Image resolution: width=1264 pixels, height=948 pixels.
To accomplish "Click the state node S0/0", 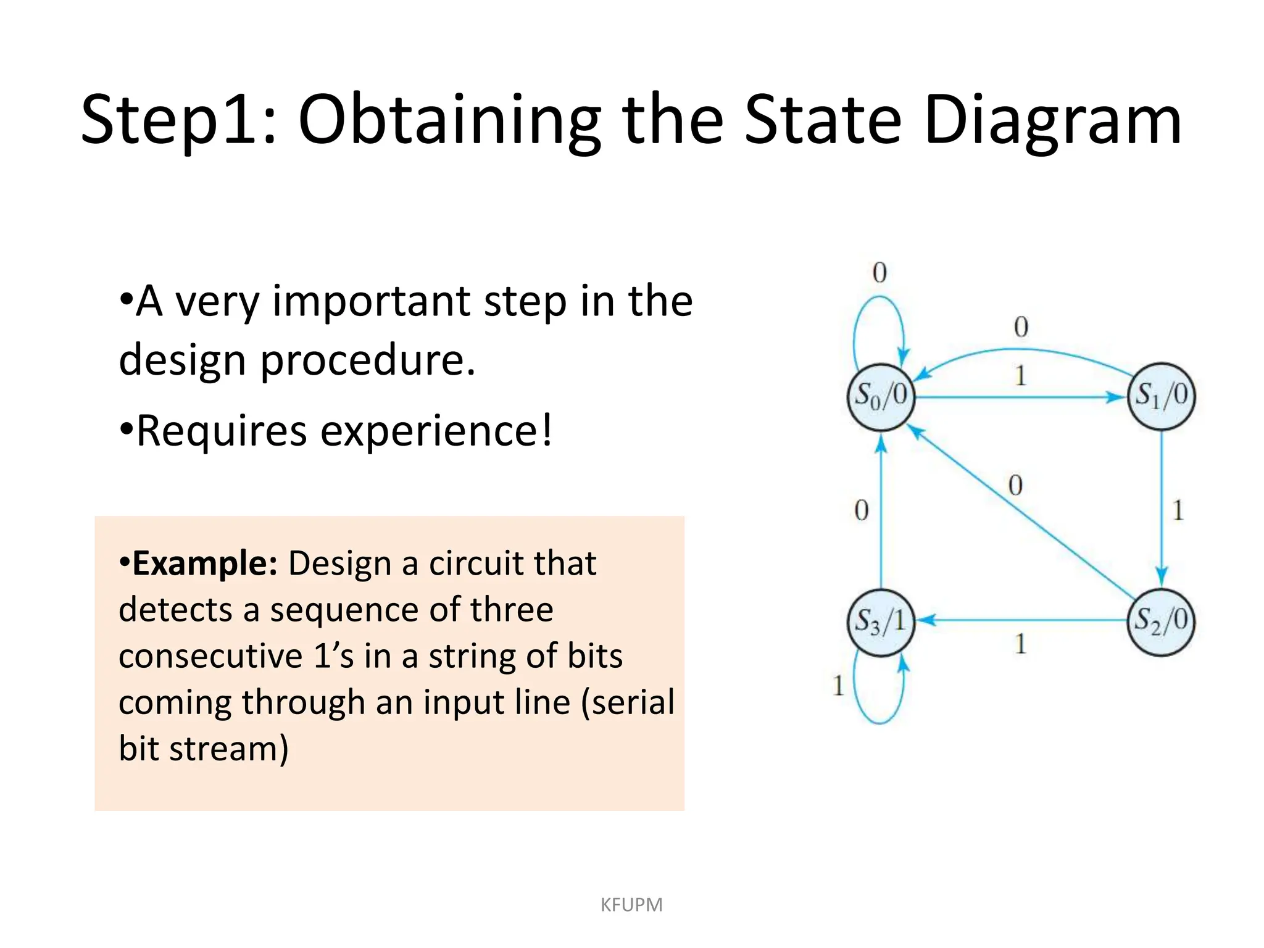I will (881, 396).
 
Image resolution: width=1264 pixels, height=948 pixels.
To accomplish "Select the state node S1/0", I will (1162, 396).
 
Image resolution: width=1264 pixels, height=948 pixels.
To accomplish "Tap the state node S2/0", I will (1162, 620).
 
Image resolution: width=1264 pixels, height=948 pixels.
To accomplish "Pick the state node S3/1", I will (881, 620).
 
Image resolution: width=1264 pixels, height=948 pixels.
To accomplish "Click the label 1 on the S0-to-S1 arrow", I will (1020, 375).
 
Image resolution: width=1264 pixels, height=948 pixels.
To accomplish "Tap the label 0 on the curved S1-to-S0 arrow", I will (1021, 326).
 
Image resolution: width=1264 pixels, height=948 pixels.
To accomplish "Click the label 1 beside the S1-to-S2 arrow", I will (1178, 510).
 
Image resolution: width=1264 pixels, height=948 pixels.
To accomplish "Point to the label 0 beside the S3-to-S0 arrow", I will (862, 510).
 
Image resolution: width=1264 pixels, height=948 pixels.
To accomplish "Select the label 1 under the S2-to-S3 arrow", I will (1020, 644).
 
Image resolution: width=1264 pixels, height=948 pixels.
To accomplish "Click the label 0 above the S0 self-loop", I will (879, 272).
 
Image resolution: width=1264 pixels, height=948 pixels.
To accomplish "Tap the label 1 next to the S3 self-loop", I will (838, 685).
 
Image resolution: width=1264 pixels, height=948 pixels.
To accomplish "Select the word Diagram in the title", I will (1052, 120).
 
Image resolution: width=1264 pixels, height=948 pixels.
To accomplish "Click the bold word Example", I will (204, 563).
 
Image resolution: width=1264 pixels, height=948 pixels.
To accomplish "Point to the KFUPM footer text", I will (631, 905).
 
